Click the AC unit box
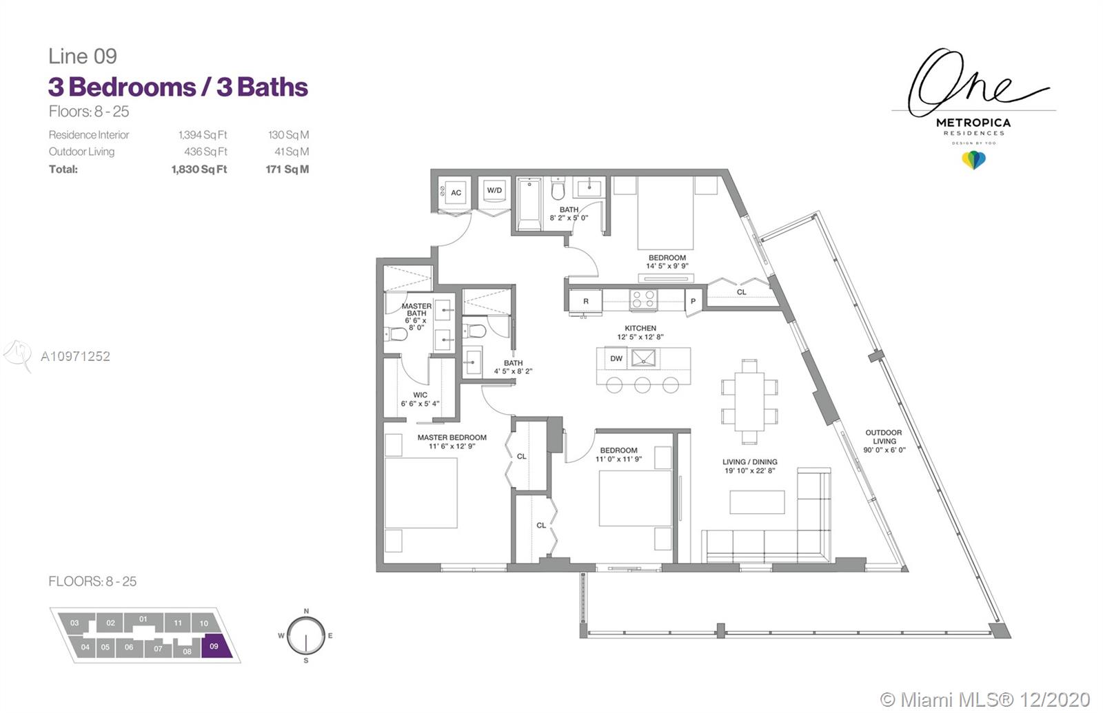point(456,192)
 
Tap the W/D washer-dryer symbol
point(494,190)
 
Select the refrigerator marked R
point(585,300)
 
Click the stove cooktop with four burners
point(643,300)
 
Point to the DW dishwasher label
point(616,358)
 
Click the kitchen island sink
point(643,358)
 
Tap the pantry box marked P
point(693,301)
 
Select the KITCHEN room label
point(640,328)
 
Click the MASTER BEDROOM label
point(452,437)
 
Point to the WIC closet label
point(420,395)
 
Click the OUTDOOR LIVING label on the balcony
point(884,437)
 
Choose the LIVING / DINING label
point(750,462)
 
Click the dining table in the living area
point(749,402)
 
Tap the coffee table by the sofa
point(757,502)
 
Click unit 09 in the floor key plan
point(214,647)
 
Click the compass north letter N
point(306,611)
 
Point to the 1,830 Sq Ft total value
point(199,169)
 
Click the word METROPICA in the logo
point(973,123)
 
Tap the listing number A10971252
point(75,356)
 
